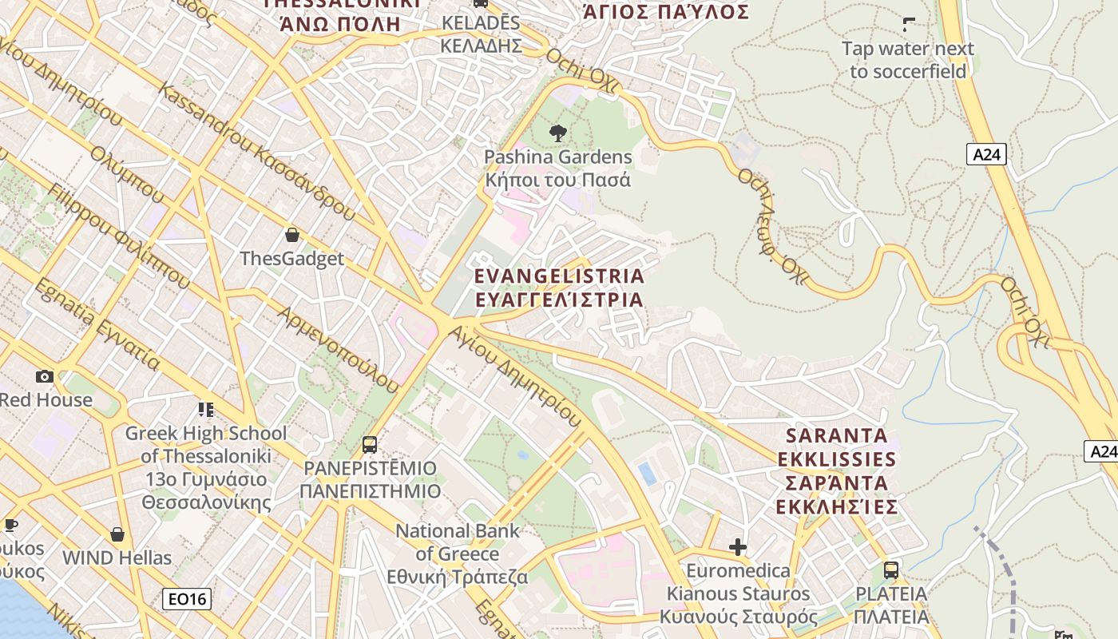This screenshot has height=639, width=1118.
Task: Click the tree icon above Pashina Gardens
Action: point(558,133)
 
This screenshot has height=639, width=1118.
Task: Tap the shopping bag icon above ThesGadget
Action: point(292,235)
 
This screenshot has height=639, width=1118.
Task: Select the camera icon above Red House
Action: point(45,376)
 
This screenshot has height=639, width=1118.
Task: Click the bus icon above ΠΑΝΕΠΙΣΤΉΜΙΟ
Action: point(370,445)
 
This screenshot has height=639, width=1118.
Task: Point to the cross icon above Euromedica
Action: point(738,547)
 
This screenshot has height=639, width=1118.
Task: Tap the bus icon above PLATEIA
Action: point(891,570)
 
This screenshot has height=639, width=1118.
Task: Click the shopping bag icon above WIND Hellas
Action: point(117,534)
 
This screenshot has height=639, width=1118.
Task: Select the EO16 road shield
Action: point(186,598)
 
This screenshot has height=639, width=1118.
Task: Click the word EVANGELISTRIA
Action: point(559,276)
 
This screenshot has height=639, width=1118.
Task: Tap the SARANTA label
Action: point(837,436)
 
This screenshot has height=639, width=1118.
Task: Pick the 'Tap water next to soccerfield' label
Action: point(908,60)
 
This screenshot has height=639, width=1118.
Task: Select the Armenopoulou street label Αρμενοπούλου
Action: point(337,349)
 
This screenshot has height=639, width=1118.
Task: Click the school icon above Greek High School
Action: point(206,410)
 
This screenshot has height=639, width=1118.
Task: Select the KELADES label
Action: point(481,23)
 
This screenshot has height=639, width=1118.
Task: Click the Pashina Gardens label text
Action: point(558,157)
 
